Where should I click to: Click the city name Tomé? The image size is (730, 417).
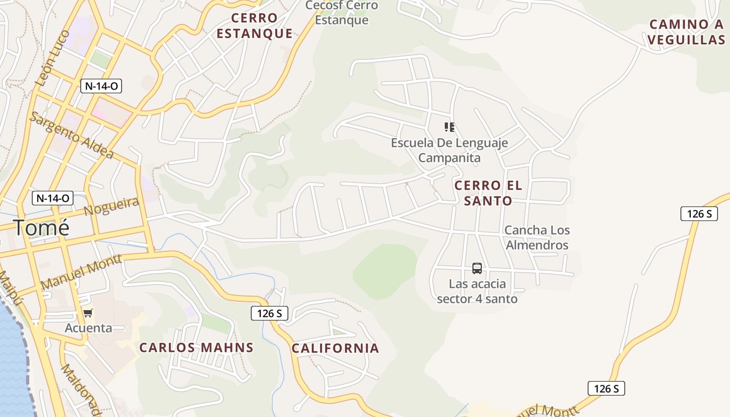click(41, 228)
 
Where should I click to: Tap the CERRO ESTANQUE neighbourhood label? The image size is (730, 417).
click(254, 26)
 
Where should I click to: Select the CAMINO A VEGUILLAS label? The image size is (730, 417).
click(686, 32)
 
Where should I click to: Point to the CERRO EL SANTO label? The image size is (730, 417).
click(488, 193)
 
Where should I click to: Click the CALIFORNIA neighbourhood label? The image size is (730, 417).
click(335, 348)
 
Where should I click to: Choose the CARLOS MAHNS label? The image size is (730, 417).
click(197, 348)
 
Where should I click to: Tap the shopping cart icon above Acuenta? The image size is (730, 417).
click(88, 313)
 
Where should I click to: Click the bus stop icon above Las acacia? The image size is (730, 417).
click(477, 268)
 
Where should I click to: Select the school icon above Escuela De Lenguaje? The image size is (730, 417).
click(449, 127)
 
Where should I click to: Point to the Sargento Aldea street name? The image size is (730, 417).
click(71, 136)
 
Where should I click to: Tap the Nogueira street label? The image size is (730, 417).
click(112, 207)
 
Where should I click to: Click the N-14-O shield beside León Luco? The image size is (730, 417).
click(101, 86)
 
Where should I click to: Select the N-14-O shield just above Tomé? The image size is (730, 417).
click(53, 198)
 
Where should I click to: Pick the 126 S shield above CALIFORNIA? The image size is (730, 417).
click(270, 313)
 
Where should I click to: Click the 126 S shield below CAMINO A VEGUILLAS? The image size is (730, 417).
click(699, 213)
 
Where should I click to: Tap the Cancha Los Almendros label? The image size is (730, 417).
click(537, 237)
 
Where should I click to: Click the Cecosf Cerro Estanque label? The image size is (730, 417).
click(342, 13)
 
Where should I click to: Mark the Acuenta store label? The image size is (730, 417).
click(88, 328)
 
